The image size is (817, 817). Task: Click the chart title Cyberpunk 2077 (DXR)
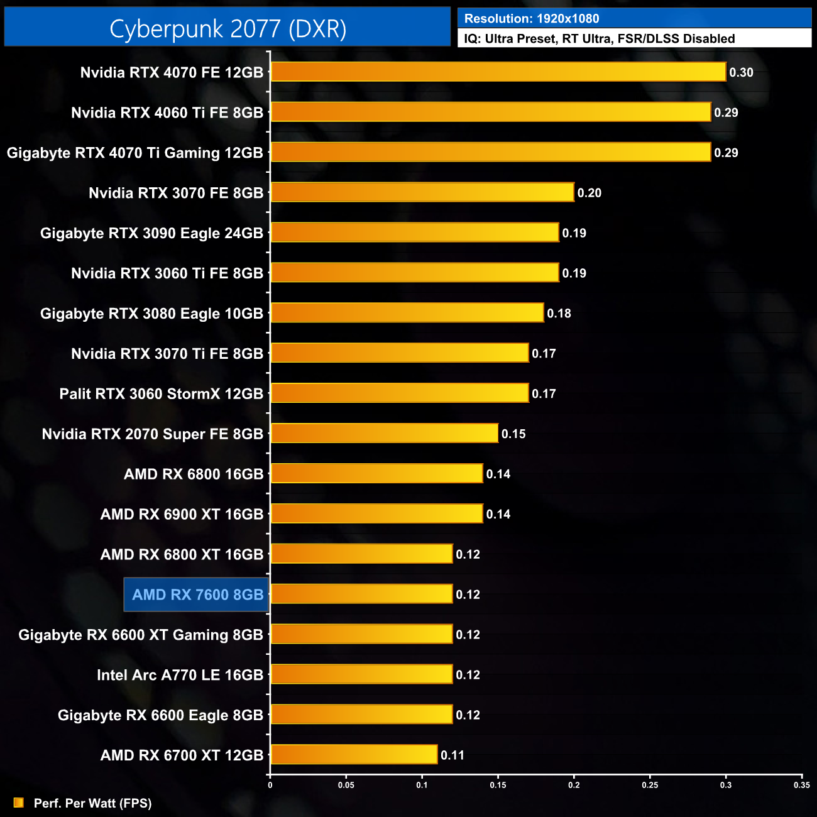(x=228, y=29)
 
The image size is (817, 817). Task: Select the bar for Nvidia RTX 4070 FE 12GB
(x=498, y=72)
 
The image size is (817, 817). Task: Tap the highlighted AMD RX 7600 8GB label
(x=197, y=595)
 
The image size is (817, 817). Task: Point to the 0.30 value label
(x=741, y=72)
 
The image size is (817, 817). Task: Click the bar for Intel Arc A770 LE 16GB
(x=361, y=674)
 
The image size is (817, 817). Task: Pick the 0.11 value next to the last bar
(x=452, y=755)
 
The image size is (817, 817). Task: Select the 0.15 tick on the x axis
(x=498, y=785)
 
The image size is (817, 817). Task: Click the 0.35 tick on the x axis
(x=801, y=785)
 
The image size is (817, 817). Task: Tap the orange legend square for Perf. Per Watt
(x=19, y=803)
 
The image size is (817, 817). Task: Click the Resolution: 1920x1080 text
(x=532, y=18)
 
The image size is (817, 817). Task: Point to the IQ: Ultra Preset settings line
(x=599, y=38)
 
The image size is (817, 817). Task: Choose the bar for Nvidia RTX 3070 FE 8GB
(x=422, y=192)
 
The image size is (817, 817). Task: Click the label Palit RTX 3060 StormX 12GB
(x=161, y=394)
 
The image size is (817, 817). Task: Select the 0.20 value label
(x=589, y=193)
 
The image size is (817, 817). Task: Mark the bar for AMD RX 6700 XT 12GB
(x=354, y=755)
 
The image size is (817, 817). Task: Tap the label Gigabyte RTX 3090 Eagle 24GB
(x=151, y=233)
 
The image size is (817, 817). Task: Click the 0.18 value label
(x=559, y=314)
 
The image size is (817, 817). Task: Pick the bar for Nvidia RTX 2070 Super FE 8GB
(x=384, y=434)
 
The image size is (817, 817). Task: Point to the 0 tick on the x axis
(x=270, y=785)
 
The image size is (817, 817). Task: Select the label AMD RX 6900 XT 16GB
(x=182, y=515)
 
